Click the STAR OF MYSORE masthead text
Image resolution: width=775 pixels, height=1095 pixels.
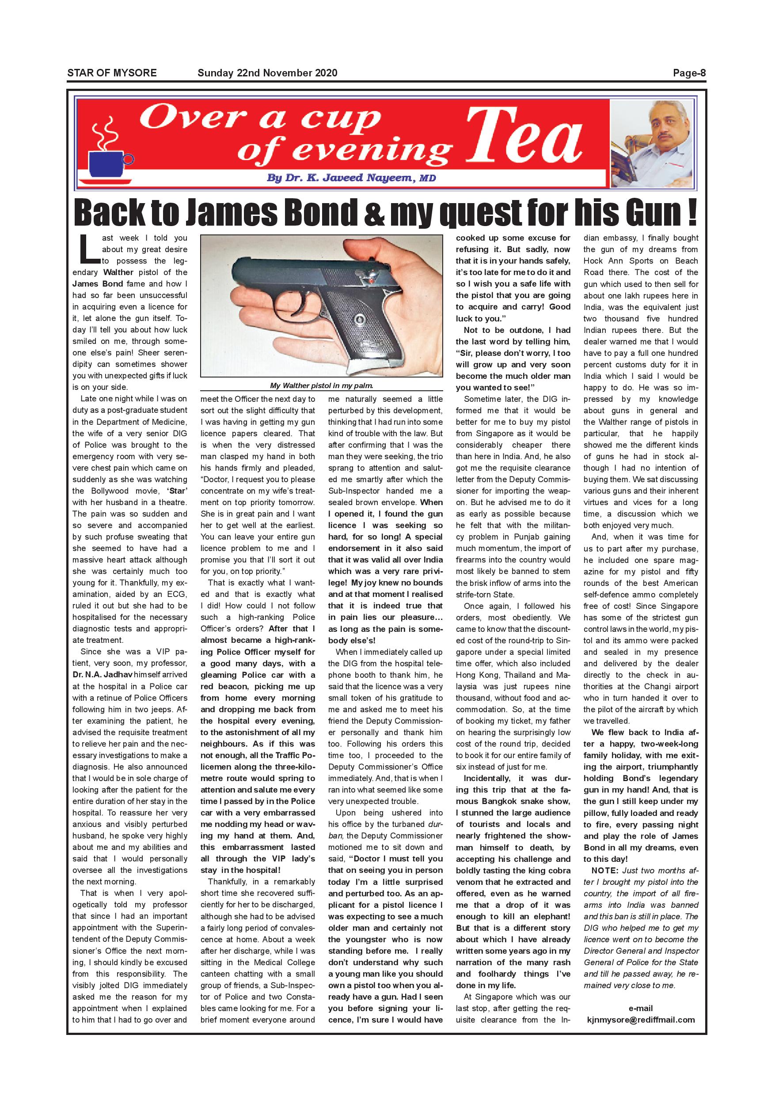pos(112,73)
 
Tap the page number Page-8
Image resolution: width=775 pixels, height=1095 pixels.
pos(689,73)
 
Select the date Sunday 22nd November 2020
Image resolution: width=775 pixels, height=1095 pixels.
pos(267,73)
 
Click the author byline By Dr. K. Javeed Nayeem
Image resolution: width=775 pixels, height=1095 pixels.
pos(351,178)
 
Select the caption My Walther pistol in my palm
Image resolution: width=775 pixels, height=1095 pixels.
pos(321,385)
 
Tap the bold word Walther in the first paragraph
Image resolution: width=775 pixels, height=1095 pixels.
pos(118,272)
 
